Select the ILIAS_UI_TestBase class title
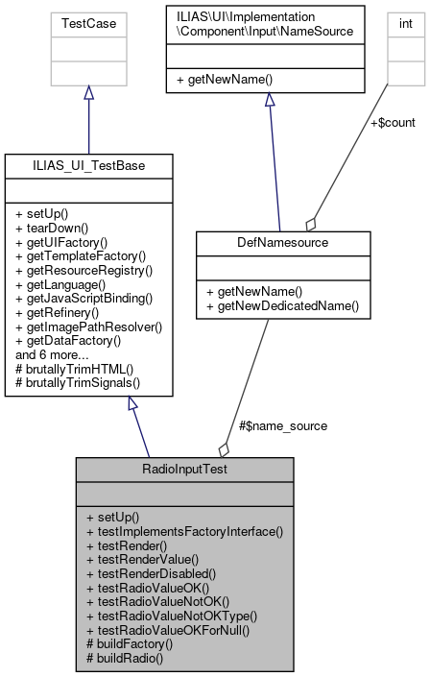click(88, 167)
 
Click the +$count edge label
click(393, 123)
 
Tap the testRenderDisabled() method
click(155, 571)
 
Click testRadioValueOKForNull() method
click(167, 630)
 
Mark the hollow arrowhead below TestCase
click(88, 92)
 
